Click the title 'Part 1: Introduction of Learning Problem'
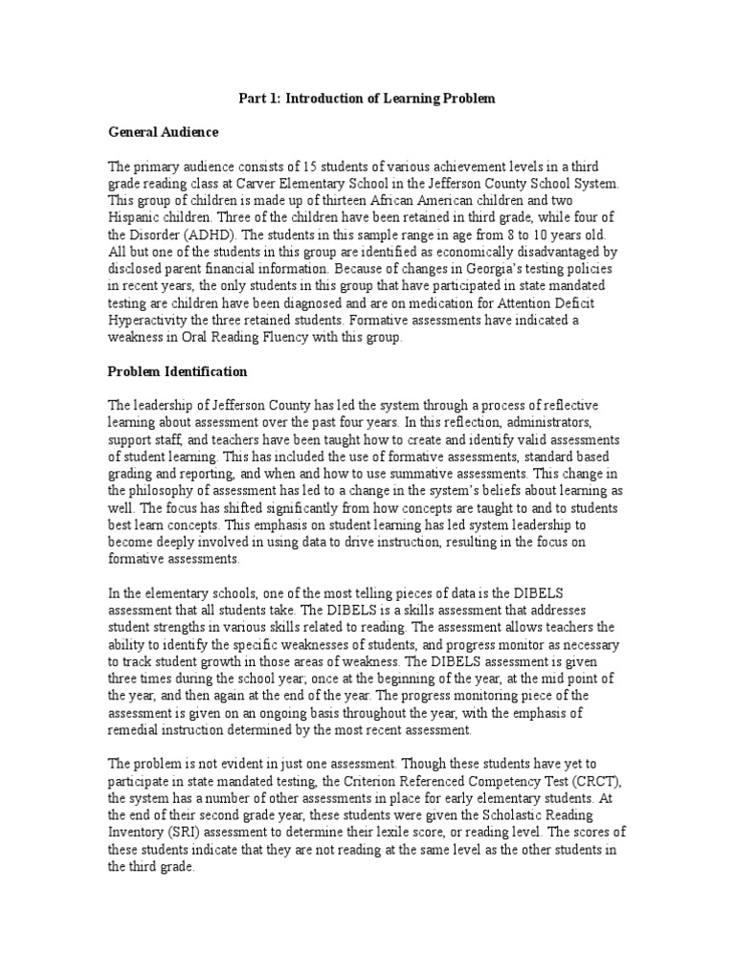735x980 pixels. coord(367,100)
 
